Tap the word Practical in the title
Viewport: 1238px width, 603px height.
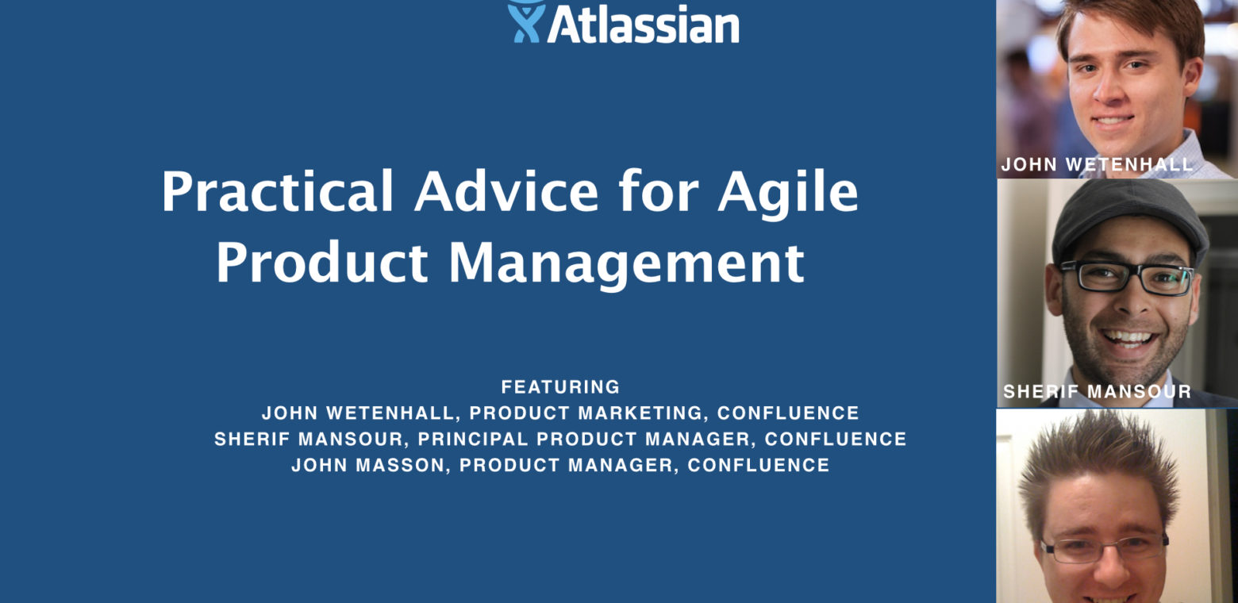pos(277,193)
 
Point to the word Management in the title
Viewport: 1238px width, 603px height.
pos(626,264)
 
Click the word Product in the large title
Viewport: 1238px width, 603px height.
pos(321,264)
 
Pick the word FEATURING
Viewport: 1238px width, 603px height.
pos(560,387)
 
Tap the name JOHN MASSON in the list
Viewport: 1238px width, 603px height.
pos(367,465)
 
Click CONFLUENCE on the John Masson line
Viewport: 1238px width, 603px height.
pos(759,465)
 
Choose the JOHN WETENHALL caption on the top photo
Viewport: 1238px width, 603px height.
pos(1097,164)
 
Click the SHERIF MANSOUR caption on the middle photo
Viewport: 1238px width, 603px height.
pos(1097,391)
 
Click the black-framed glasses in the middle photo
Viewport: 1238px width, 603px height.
pos(1126,276)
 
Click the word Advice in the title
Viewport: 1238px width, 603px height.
pos(506,193)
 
